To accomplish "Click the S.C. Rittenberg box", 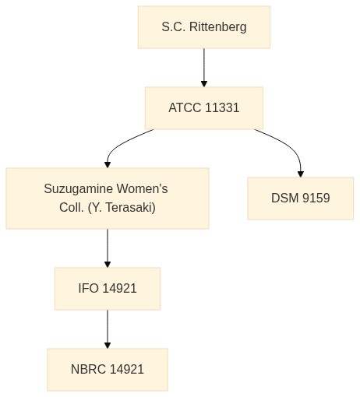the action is pyautogui.click(x=204, y=27).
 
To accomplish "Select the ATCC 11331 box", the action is pyautogui.click(x=204, y=108).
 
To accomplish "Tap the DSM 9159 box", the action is pyautogui.click(x=301, y=198).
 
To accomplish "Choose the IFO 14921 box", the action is pyautogui.click(x=108, y=289).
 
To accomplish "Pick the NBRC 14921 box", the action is pyautogui.click(x=108, y=370).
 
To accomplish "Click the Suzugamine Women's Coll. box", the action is pyautogui.click(x=108, y=198).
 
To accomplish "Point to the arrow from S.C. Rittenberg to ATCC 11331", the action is pyautogui.click(x=204, y=68).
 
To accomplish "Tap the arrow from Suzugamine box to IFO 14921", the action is pyautogui.click(x=108, y=248).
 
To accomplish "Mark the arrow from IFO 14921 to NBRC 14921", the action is pyautogui.click(x=108, y=329).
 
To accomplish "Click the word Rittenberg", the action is pyautogui.click(x=218, y=27).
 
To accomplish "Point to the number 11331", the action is pyautogui.click(x=222, y=108).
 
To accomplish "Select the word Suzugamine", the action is pyautogui.click(x=79, y=189).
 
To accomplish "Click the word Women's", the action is pyautogui.click(x=142, y=188).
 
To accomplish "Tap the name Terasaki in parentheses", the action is pyautogui.click(x=131, y=208).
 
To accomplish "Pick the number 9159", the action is pyautogui.click(x=316, y=198).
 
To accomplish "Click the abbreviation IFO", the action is pyautogui.click(x=88, y=289).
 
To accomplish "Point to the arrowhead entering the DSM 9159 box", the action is pyautogui.click(x=301, y=174).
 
